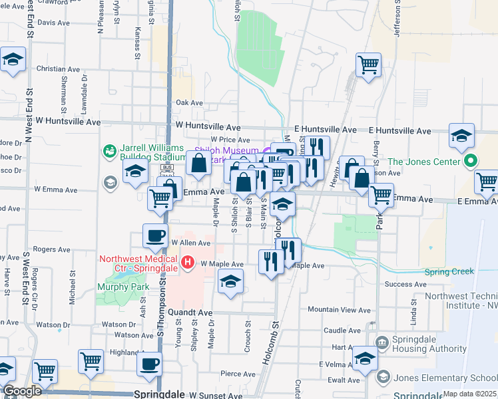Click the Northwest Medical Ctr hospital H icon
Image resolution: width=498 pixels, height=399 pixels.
click(x=188, y=263)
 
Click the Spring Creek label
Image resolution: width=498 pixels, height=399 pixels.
click(x=449, y=271)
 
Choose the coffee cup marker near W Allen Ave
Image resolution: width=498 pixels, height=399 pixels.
click(x=156, y=235)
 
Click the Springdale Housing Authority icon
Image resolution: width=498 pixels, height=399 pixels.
click(x=382, y=343)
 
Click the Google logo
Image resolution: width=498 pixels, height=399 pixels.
click(x=22, y=392)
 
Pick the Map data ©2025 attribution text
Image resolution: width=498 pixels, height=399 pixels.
click(x=469, y=394)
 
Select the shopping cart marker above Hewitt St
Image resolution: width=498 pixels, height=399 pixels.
click(x=368, y=65)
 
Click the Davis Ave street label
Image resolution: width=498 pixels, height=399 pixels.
click(x=54, y=22)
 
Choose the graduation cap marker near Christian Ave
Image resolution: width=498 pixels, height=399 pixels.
click(x=13, y=60)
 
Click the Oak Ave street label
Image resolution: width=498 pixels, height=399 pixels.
click(x=189, y=103)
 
